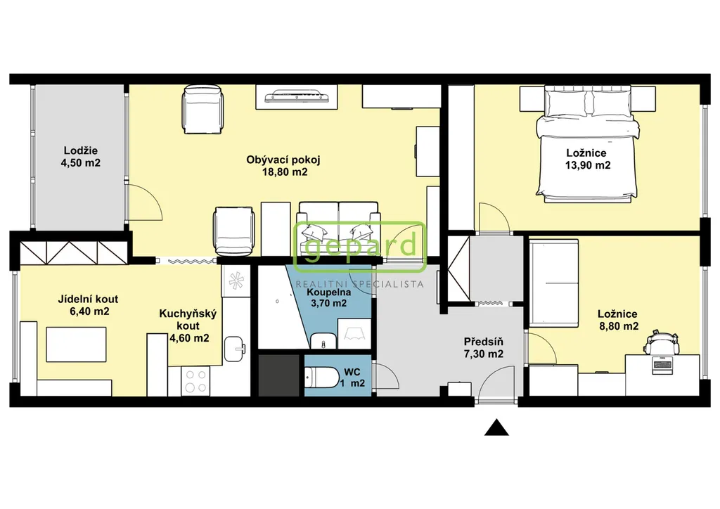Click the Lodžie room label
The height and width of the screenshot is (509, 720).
[x=81, y=150]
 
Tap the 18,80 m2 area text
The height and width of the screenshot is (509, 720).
[x=285, y=172]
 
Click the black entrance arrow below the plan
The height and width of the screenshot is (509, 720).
[x=496, y=427]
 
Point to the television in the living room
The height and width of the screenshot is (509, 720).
[x=297, y=96]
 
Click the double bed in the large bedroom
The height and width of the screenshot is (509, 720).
[x=587, y=145]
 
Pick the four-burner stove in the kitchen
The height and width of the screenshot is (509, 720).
[x=195, y=380]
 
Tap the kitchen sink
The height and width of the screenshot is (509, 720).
[x=235, y=349]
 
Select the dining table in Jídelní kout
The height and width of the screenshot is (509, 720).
[x=76, y=344]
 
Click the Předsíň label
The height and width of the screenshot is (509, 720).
[x=484, y=342]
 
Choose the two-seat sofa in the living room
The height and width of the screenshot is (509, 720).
[x=338, y=228]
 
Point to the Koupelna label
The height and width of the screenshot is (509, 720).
[x=329, y=292]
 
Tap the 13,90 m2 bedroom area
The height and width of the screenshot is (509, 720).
[x=588, y=165]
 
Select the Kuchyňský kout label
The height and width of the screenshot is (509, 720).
[x=188, y=320]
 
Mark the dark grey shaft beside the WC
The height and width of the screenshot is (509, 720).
[x=279, y=375]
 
